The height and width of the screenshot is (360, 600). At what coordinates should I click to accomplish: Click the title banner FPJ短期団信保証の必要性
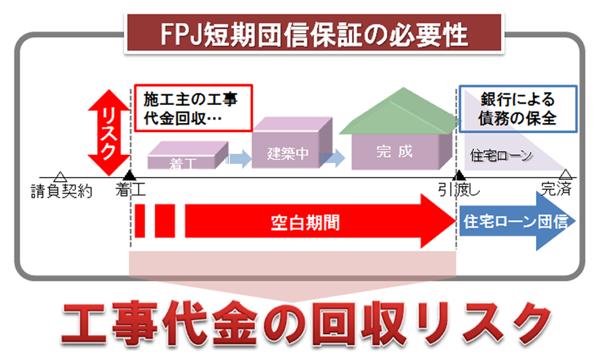[314, 33]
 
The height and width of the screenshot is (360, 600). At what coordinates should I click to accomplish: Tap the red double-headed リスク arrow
[109, 133]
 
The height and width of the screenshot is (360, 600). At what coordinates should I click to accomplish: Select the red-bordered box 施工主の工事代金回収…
[193, 108]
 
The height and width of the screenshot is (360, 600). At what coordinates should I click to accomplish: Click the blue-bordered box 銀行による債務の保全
[518, 109]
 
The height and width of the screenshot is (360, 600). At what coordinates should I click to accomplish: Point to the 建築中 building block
[292, 142]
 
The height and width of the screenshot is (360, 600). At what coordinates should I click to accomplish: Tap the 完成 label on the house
[394, 151]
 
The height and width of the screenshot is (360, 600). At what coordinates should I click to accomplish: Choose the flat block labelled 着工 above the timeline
[188, 155]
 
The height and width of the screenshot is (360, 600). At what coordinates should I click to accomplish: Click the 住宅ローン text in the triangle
[501, 156]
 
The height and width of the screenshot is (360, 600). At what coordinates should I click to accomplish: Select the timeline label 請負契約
[62, 191]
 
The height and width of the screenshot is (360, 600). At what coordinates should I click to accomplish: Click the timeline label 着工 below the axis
[130, 190]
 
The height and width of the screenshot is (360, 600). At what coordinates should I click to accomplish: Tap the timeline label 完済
[556, 188]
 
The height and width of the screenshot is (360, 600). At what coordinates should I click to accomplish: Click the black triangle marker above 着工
[130, 175]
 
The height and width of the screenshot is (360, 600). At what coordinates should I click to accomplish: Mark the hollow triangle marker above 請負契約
[60, 177]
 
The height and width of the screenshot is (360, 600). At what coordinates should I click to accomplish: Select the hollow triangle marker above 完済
[566, 174]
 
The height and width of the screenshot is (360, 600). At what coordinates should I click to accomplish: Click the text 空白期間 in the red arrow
[305, 223]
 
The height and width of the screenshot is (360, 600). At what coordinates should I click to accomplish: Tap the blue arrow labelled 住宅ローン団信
[517, 221]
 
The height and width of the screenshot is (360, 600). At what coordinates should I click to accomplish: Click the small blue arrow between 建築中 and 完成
[332, 158]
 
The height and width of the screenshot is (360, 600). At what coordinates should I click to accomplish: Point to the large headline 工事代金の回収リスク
[306, 323]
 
